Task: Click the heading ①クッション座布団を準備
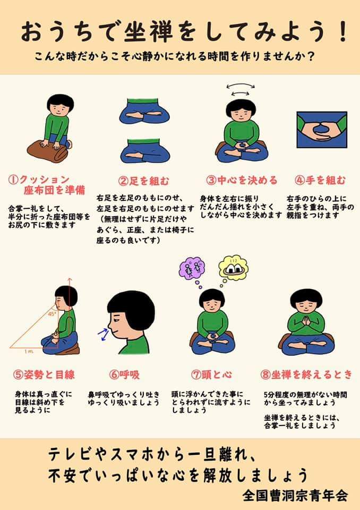coord(47,185)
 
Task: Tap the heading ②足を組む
coord(144,181)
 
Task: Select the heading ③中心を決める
coord(242,180)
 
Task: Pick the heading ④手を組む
coord(320,180)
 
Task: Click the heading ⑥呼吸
coord(125,375)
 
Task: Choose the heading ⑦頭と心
coord(211,375)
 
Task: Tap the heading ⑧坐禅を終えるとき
coord(306,375)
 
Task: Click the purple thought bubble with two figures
coord(192,269)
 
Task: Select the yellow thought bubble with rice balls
coord(233,267)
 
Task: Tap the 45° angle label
coord(52,314)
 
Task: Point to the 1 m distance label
coord(28,351)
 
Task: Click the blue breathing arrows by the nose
coord(104,334)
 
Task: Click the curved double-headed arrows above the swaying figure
coord(241,89)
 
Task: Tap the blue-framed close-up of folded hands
coord(322,130)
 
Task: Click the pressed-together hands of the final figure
coord(306,322)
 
